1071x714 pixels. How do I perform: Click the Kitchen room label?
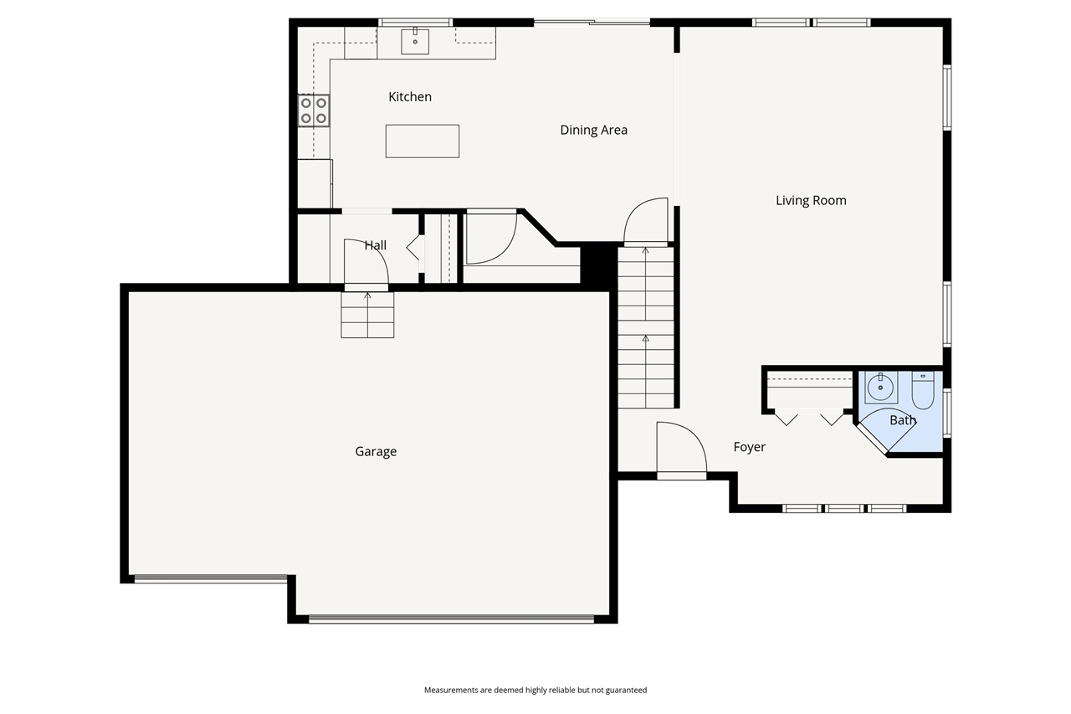[x=410, y=97]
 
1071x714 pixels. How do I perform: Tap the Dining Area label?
[x=593, y=130]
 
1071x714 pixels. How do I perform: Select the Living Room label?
[x=810, y=200]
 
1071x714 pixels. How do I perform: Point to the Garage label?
[x=376, y=451]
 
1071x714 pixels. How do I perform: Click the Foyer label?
[x=749, y=447]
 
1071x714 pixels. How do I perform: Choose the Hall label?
[x=376, y=245]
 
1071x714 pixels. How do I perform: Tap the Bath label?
[x=902, y=420]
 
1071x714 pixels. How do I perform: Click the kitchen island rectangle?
[x=423, y=141]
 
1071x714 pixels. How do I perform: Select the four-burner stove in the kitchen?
[x=314, y=110]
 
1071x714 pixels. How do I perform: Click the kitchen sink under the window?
[x=415, y=40]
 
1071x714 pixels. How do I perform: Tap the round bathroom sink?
[x=880, y=388]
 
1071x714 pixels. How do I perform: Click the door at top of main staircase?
[x=646, y=222]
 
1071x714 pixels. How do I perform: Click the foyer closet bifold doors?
[x=808, y=417]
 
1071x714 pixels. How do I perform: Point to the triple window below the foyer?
[x=844, y=508]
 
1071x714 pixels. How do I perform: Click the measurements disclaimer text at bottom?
[x=535, y=691]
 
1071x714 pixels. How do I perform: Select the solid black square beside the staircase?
[x=598, y=264]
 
